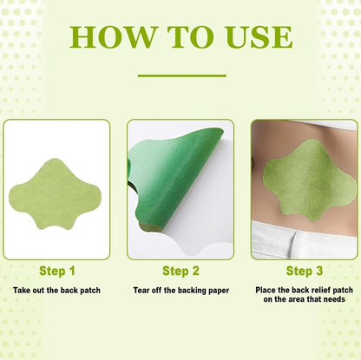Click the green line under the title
[181, 75]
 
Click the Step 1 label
[56, 271]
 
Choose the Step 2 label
[180, 271]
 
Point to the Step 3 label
[304, 271]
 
